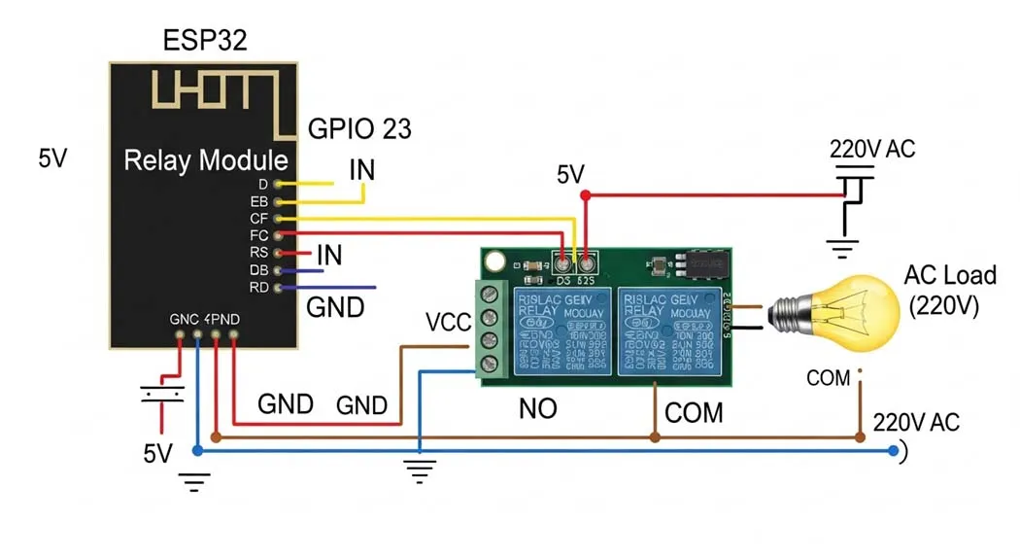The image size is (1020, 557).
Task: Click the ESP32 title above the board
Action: click(205, 41)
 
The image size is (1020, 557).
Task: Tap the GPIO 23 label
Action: click(359, 128)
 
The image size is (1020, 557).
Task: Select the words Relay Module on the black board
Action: click(206, 160)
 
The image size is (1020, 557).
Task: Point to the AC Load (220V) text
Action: click(949, 290)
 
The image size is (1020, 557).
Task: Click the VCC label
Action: click(448, 322)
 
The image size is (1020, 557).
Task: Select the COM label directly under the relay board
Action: click(694, 413)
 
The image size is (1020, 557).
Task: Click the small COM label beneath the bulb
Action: click(828, 378)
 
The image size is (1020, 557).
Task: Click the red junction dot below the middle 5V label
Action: click(585, 195)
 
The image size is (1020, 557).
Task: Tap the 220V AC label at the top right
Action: click(871, 150)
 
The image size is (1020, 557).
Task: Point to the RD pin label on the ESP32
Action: click(258, 288)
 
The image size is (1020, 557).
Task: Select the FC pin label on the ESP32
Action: click(258, 235)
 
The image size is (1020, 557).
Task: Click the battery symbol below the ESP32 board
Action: click(161, 394)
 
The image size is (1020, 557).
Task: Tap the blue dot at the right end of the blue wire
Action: click(893, 451)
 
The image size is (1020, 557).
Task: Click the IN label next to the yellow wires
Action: click(361, 171)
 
